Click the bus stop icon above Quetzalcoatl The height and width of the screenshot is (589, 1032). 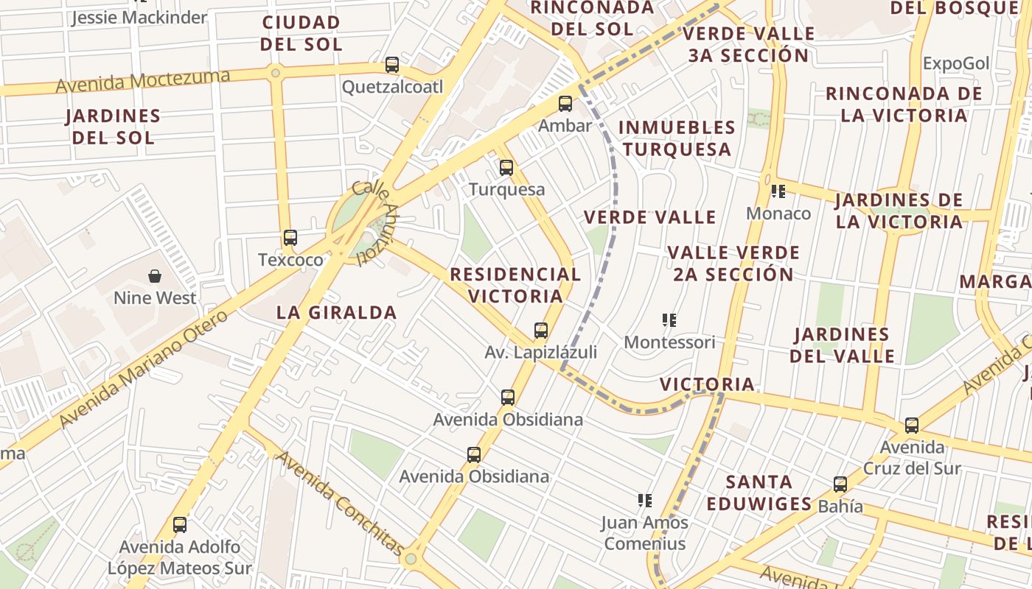[392, 65]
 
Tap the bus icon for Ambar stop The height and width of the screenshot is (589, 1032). [565, 104]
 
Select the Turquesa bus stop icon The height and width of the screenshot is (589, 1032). [506, 168]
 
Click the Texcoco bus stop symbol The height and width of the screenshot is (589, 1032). [290, 238]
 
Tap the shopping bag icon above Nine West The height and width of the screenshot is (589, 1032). [155, 276]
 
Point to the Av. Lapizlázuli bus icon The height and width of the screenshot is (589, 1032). [541, 331]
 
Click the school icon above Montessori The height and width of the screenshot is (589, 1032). [669, 320]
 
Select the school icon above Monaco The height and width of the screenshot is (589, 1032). [778, 191]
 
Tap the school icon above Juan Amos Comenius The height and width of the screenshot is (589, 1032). [645, 501]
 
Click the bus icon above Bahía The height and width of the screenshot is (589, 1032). [840, 484]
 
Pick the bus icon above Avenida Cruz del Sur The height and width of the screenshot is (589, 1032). [912, 426]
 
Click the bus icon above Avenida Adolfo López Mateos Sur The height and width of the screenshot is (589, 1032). [180, 525]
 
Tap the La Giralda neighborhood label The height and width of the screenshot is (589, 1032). [336, 312]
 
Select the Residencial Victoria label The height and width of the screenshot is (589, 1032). [515, 285]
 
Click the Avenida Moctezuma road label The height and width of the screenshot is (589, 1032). [142, 80]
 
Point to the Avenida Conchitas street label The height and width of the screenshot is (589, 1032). [339, 504]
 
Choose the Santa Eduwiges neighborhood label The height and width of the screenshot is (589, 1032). [759, 493]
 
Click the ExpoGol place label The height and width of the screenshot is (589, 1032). [955, 63]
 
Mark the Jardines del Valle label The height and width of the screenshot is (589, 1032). [842, 345]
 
